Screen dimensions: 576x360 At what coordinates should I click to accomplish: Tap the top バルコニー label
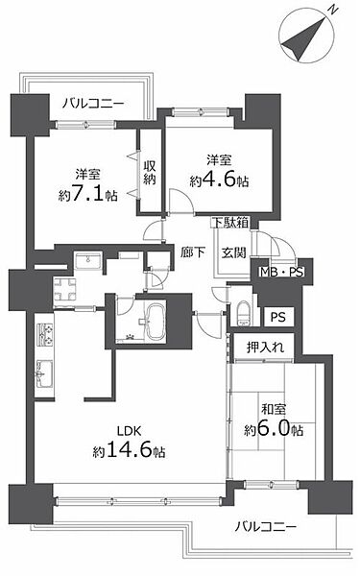pos(94,103)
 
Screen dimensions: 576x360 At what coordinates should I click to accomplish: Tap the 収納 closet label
pos(151,171)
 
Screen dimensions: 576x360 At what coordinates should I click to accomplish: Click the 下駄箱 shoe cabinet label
pos(230,223)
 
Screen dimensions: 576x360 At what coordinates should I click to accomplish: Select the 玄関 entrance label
pos(234,252)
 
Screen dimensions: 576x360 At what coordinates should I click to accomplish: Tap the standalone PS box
pos(276,317)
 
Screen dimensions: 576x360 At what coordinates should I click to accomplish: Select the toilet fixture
pos(243,312)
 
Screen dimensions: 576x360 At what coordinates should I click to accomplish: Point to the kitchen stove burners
pos(44,336)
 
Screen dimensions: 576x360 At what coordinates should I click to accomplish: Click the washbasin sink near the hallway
pos(87,261)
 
